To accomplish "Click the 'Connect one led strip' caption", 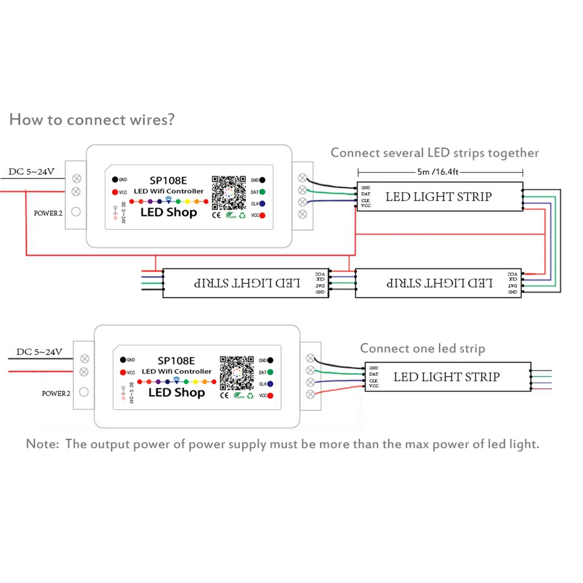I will click(x=422, y=349).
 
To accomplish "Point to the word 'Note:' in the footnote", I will click(x=43, y=444).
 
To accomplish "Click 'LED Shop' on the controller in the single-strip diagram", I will click(x=177, y=392).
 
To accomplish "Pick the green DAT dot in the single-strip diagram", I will click(x=271, y=373).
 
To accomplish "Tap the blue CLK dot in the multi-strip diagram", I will click(x=263, y=204).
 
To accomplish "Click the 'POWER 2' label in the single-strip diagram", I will click(x=55, y=394).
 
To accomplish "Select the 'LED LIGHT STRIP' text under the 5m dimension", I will click(x=438, y=196).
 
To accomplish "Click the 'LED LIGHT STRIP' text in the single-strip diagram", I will click(x=447, y=377).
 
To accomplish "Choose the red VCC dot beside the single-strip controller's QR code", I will click(x=271, y=396).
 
